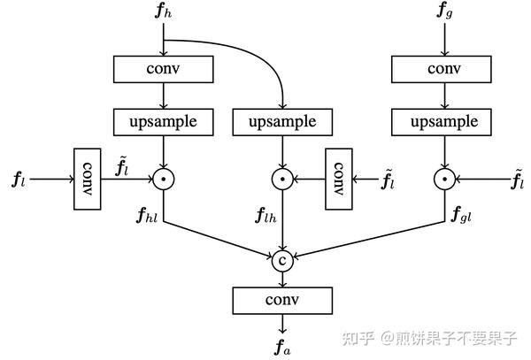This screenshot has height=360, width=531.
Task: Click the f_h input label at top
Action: point(165,13)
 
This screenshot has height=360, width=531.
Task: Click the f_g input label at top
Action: point(444,13)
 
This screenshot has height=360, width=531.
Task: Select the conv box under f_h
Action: point(165,67)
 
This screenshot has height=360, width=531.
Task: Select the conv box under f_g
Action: point(443,67)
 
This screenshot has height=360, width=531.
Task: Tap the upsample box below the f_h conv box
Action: point(165,120)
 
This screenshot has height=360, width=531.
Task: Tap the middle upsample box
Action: point(282,120)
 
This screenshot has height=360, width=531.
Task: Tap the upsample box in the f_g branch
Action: point(443,120)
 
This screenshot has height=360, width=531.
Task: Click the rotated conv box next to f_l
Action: point(87,180)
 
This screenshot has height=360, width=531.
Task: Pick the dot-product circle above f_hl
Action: point(165,180)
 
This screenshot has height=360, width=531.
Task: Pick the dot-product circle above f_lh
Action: point(282,180)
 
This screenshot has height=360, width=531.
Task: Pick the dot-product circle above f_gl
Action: point(443,180)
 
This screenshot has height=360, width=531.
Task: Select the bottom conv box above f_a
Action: point(282,301)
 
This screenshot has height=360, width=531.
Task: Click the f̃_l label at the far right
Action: point(518,181)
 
